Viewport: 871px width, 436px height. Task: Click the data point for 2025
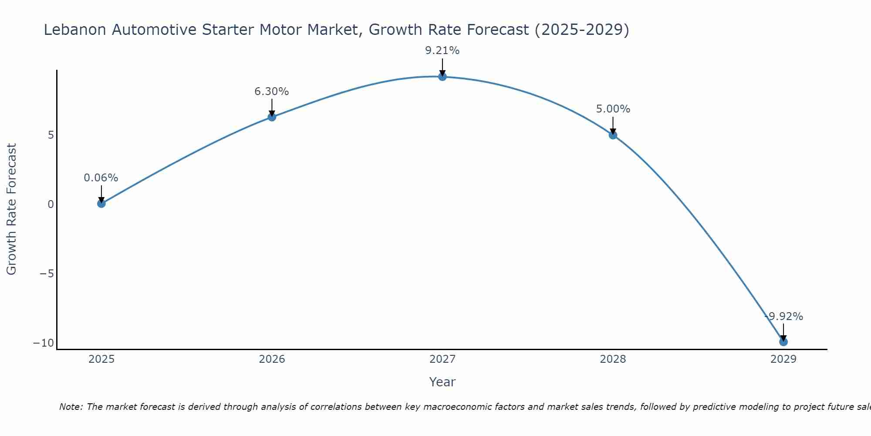[101, 203]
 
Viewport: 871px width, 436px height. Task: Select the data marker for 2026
[272, 117]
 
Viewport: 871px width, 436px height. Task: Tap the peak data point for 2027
[442, 77]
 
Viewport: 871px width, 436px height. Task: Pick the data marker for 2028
[613, 135]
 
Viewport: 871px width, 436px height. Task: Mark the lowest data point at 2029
[783, 342]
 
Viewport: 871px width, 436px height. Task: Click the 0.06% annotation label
[101, 178]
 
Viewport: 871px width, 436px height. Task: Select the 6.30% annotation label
[272, 92]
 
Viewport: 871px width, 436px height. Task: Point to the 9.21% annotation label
[442, 51]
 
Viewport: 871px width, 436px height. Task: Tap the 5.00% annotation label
[613, 109]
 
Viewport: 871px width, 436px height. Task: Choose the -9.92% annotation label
[783, 317]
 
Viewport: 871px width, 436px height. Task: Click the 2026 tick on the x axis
[272, 359]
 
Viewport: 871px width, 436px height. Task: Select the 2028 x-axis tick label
[613, 359]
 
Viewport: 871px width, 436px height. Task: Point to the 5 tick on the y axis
[51, 135]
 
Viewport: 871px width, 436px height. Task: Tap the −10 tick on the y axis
[44, 343]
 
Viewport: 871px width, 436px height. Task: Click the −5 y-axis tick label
[47, 274]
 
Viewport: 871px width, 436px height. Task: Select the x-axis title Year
[442, 382]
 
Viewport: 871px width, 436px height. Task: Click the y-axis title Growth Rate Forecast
[12, 209]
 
